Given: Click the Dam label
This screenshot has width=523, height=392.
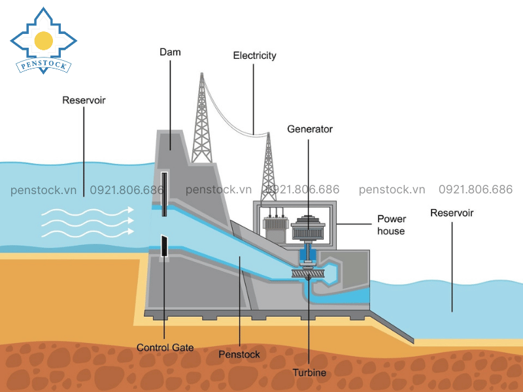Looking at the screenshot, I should [170, 52].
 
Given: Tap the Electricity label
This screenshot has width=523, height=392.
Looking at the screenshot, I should [254, 56].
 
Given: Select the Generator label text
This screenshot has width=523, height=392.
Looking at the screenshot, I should [310, 129].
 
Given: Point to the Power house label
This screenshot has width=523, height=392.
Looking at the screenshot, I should [392, 225].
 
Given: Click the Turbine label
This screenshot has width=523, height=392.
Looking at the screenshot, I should [309, 372].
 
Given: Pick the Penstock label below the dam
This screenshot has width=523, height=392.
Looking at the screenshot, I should [240, 354].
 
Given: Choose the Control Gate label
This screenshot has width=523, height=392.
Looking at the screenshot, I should [165, 348].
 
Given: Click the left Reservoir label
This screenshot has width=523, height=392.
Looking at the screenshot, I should [84, 101].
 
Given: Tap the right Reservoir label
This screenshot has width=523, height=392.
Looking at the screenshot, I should [452, 213].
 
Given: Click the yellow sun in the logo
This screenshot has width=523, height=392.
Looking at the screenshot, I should [44, 41].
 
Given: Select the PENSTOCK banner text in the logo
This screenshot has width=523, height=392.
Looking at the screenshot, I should [43, 65].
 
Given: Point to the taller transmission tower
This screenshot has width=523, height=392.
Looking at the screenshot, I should [201, 121].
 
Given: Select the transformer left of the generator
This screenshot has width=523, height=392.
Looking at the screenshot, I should [272, 225].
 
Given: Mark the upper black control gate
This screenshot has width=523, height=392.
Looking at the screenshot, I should [163, 189].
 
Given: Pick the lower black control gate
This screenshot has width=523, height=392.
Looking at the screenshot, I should [163, 246].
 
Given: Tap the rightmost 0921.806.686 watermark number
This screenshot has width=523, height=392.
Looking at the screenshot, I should [475, 189].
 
